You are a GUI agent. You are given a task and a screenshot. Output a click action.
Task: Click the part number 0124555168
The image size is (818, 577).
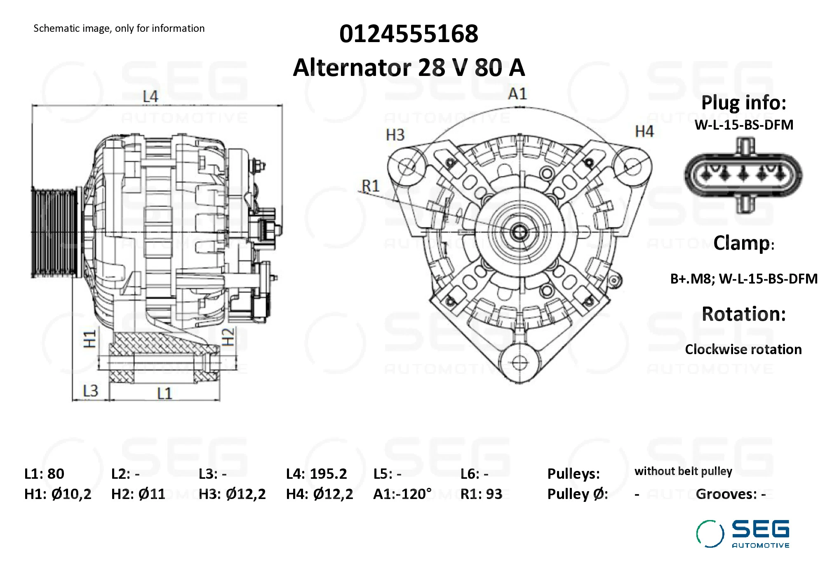409,33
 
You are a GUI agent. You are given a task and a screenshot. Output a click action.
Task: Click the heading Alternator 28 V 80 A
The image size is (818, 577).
409,67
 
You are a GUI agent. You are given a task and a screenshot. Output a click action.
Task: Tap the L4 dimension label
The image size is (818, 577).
150,97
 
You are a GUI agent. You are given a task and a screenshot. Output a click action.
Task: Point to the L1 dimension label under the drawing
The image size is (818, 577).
164,393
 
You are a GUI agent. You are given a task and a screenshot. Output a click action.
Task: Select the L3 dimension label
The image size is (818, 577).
90,390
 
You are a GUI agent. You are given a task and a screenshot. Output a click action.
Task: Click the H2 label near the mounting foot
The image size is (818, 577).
228,336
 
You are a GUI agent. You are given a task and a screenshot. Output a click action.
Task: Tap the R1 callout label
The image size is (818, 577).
370,186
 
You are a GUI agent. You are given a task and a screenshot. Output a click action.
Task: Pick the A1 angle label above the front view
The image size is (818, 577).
517,94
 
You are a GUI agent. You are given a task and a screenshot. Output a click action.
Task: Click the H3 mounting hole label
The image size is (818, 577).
395,135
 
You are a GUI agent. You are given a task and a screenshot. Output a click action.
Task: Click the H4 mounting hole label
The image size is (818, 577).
644,131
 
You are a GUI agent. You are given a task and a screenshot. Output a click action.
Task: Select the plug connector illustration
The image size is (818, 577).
743,175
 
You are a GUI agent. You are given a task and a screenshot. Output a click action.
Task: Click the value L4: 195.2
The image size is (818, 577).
316,473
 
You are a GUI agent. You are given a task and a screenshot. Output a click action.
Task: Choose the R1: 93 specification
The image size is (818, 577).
481,494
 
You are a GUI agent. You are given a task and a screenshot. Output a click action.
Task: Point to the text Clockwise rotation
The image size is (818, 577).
743,349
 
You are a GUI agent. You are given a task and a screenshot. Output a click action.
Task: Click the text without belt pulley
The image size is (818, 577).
683,471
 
